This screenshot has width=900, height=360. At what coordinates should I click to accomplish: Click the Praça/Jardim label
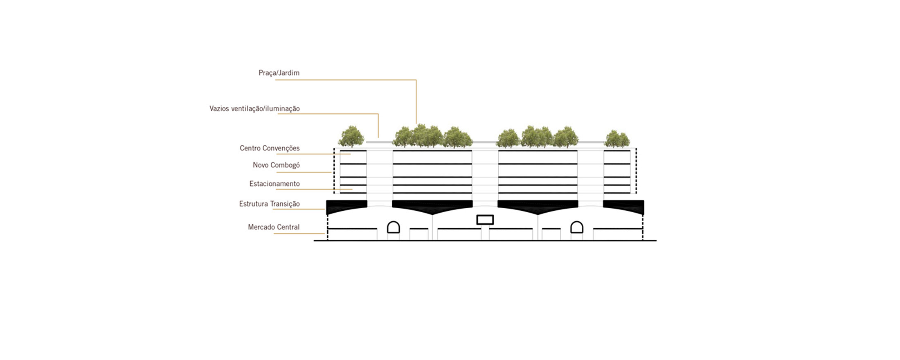pyautogui.click(x=279, y=73)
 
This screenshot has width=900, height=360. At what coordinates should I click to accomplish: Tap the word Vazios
pyautogui.click(x=220, y=108)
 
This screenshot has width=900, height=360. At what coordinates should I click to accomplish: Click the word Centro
pyautogui.click(x=250, y=148)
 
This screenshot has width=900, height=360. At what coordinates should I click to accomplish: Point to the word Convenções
pyautogui.click(x=281, y=148)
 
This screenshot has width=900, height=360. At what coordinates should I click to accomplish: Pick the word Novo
pyautogui.click(x=261, y=165)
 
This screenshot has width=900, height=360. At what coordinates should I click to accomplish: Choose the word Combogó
pyautogui.click(x=285, y=165)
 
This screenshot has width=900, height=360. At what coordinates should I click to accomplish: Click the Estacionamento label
pyautogui.click(x=274, y=184)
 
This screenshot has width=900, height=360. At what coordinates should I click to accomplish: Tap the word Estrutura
pyautogui.click(x=254, y=204)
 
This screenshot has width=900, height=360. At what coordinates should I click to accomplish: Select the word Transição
pyautogui.click(x=285, y=204)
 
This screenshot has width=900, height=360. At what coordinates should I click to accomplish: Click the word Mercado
pyautogui.click(x=260, y=227)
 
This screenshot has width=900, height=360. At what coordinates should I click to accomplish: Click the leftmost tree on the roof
pyautogui.click(x=351, y=136)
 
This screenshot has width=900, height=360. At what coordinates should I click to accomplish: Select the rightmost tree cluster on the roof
pyautogui.click(x=617, y=139)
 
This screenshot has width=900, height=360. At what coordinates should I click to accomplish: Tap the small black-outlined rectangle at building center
pyautogui.click(x=485, y=220)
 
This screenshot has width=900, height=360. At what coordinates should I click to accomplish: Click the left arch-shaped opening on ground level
pyautogui.click(x=394, y=227)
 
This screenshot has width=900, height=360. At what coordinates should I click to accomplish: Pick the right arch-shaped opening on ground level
pyautogui.click(x=577, y=227)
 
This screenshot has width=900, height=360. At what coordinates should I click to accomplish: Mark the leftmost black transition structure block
pyautogui.click(x=346, y=207)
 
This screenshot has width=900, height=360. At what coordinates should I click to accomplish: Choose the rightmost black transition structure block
pyautogui.click(x=623, y=207)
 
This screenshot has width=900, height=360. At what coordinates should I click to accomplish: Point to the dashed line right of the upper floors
pyautogui.click(x=636, y=171)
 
